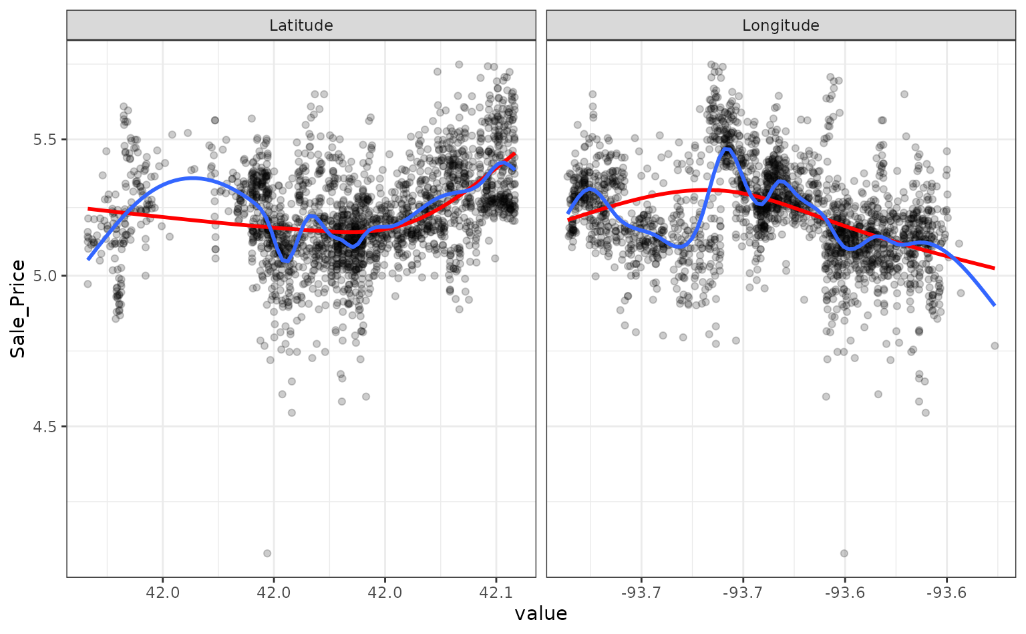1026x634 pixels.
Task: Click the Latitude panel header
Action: point(301,25)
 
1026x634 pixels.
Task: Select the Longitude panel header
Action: point(780,25)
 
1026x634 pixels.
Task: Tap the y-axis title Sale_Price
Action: point(18,309)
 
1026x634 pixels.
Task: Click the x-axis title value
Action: point(540,614)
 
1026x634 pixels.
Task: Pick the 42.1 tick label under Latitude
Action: point(495,593)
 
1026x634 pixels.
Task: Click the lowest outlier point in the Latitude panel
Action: point(267,553)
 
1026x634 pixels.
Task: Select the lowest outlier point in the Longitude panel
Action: point(844,553)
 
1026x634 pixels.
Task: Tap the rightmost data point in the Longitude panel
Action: point(995,345)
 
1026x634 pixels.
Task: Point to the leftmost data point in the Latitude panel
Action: point(88,284)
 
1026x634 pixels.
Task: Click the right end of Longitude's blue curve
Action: point(995,305)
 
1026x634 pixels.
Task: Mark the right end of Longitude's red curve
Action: point(995,269)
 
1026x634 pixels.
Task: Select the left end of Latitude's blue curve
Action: point(88,259)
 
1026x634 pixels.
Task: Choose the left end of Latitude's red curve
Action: point(88,208)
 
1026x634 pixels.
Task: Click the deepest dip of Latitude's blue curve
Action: point(286,261)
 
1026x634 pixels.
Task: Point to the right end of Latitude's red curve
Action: point(514,154)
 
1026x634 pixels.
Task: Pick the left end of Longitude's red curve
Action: point(568,220)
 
